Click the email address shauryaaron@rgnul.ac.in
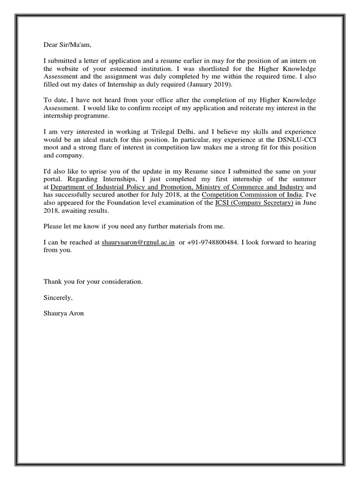138,242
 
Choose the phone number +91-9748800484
210,242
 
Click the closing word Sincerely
58,297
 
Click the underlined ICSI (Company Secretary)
255,203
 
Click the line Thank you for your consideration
93,282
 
